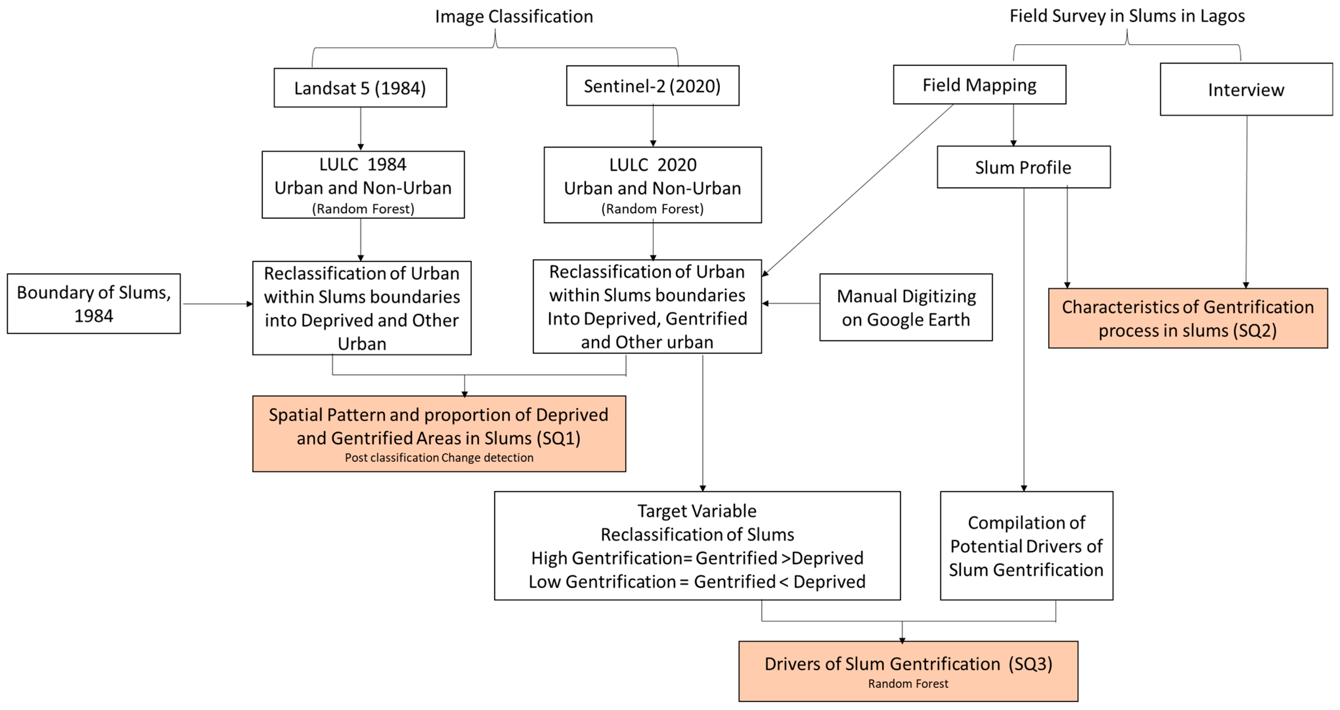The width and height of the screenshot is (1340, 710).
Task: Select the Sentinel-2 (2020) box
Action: [x=652, y=86]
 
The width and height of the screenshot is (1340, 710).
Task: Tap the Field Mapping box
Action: [x=979, y=85]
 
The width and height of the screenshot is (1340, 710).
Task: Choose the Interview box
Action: [x=1246, y=90]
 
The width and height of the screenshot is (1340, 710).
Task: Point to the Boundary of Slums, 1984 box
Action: [x=94, y=303]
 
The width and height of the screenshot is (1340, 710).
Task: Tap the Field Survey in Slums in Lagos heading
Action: [x=1127, y=16]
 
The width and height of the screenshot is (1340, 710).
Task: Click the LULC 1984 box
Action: [x=362, y=185]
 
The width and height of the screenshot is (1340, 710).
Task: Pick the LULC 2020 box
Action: [x=652, y=185]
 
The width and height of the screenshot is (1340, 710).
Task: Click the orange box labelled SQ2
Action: [x=1188, y=318]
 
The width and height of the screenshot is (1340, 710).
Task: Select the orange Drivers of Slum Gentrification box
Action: [x=908, y=671]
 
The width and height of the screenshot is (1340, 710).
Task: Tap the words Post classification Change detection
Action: [x=439, y=457]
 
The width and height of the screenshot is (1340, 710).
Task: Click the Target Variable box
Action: [x=697, y=545]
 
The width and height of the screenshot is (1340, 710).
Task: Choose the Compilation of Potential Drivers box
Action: [x=1026, y=545]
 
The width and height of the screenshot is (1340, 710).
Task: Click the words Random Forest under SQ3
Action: [x=908, y=683]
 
